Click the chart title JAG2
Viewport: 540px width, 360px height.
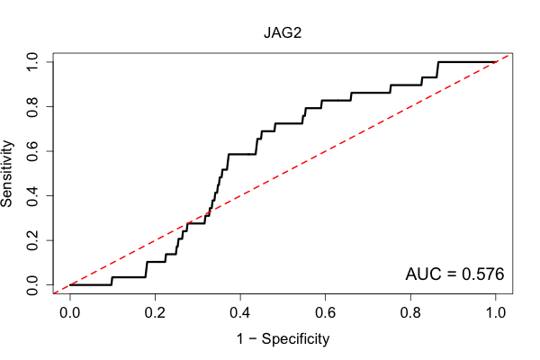[x=283, y=32]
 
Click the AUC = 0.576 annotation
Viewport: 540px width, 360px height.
[x=454, y=274]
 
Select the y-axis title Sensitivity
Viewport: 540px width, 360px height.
[x=6, y=174]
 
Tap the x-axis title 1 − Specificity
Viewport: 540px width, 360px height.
[x=283, y=339]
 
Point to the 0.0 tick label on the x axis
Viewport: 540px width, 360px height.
[x=70, y=313]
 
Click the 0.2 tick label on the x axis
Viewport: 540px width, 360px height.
[x=155, y=313]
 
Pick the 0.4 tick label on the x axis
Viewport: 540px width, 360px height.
[x=240, y=313]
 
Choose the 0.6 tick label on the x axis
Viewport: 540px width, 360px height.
[x=325, y=313]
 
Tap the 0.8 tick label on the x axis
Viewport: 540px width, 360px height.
[x=410, y=313]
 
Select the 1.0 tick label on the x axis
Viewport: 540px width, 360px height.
[x=496, y=313]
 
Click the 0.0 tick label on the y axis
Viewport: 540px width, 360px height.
[x=32, y=285]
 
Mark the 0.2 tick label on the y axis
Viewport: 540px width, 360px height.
[x=32, y=240]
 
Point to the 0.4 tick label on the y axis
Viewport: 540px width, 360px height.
[x=32, y=195]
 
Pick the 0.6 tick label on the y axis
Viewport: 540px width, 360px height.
[x=32, y=151]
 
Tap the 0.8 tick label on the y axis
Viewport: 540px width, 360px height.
[x=32, y=106]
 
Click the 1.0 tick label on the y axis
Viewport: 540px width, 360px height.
[x=32, y=62]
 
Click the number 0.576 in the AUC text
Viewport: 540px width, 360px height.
[x=482, y=274]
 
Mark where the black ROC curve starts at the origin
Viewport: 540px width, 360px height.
[x=70, y=285]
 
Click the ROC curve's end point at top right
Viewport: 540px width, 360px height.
[x=496, y=62]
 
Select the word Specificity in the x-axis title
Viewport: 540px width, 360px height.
[x=295, y=339]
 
